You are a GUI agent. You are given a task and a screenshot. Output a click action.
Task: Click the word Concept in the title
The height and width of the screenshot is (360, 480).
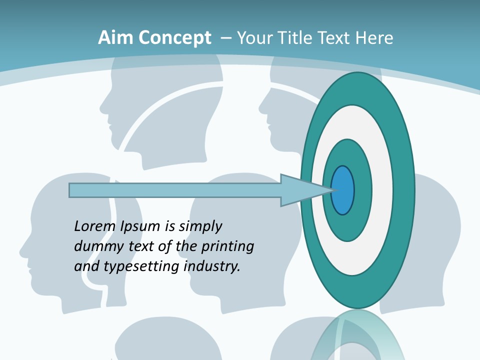[x=175, y=38]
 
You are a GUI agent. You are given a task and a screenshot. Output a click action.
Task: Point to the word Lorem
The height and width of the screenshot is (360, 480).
[x=95, y=226]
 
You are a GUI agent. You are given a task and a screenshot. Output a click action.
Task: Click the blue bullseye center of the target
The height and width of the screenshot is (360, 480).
[x=342, y=190]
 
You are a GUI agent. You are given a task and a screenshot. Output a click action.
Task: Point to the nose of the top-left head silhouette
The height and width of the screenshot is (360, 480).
[x=102, y=106]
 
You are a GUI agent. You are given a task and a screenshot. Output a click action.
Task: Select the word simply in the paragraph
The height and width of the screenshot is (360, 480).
[x=200, y=226]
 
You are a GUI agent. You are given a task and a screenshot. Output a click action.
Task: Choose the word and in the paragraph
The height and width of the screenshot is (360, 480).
[x=86, y=266]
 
